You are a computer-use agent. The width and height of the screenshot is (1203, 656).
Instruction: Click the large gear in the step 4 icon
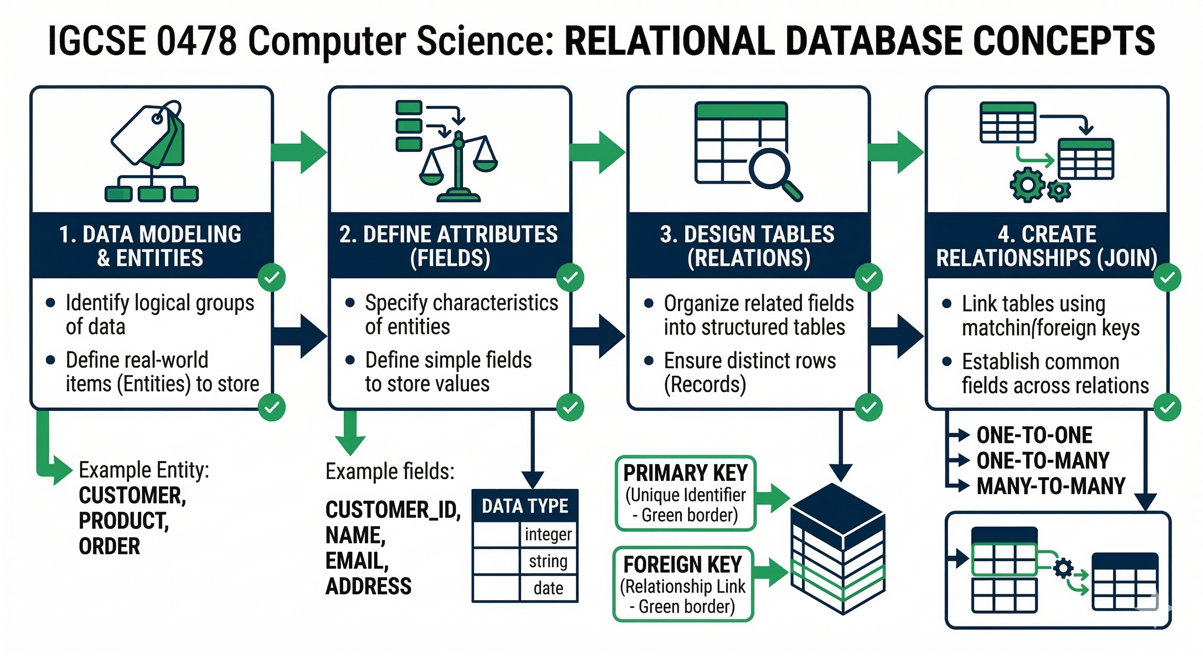1027,185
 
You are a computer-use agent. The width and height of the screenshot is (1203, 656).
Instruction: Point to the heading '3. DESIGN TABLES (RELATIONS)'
748,246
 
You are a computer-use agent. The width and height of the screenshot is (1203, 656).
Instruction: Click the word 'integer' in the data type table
548,534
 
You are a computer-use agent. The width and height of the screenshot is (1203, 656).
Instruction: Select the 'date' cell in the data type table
548,588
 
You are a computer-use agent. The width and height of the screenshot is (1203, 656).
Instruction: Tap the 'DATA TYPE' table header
525,506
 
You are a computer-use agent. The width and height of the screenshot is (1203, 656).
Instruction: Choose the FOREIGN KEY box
683,585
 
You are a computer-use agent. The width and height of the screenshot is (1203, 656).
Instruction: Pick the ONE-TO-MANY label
1043,461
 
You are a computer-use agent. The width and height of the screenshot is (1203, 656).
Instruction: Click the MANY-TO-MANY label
1051,486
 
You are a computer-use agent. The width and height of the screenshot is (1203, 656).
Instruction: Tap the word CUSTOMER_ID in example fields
393,510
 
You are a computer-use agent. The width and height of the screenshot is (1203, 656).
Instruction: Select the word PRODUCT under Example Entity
124,521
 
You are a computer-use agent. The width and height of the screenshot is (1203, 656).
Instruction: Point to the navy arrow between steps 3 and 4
896,336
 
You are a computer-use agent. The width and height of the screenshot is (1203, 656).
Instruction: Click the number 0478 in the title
197,41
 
